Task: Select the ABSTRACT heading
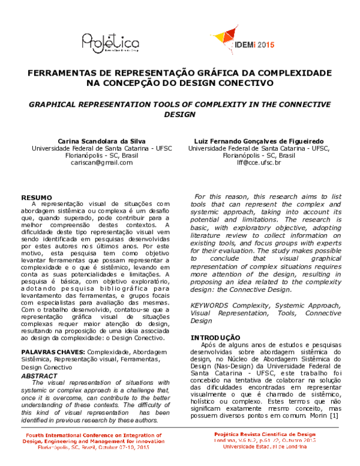[x=39, y=375]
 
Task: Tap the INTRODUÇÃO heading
[x=215, y=337]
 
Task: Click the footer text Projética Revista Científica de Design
[x=265, y=434]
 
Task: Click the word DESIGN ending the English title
[x=180, y=114]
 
